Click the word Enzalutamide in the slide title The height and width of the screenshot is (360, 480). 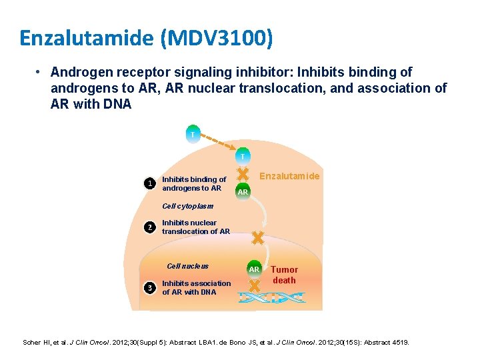pyautogui.click(x=87, y=38)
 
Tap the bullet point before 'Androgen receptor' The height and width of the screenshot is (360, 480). pyautogui.click(x=40, y=72)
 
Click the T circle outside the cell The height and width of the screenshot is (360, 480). pyautogui.click(x=192, y=134)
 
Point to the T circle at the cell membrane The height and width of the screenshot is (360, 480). pyautogui.click(x=243, y=156)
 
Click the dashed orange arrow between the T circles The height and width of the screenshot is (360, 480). pyautogui.click(x=217, y=145)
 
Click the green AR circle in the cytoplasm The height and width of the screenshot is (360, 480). pyautogui.click(x=243, y=191)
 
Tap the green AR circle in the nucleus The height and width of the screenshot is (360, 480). pyautogui.click(x=254, y=269)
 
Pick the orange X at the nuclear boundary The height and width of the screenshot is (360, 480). pyautogui.click(x=256, y=238)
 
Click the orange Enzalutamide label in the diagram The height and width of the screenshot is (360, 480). pyautogui.click(x=289, y=176)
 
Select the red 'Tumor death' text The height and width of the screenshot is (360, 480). pyautogui.click(x=284, y=275)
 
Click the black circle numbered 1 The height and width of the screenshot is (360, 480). pyautogui.click(x=151, y=183)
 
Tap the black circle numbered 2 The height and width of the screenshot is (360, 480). pyautogui.click(x=151, y=227)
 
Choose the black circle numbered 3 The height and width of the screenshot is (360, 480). pyautogui.click(x=151, y=287)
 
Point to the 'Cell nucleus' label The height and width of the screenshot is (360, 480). pyautogui.click(x=187, y=265)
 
